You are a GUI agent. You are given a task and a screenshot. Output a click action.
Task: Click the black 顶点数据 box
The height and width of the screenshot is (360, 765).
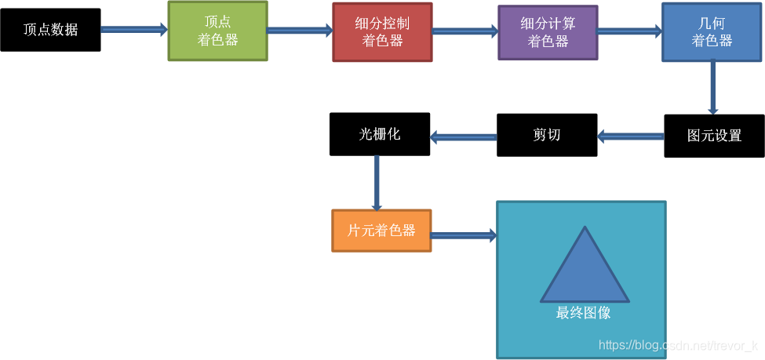click(x=50, y=30)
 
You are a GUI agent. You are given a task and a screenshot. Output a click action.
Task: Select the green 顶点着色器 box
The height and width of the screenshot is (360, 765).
click(x=217, y=31)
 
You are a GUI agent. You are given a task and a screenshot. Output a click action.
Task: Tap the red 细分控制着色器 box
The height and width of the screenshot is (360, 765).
click(x=382, y=32)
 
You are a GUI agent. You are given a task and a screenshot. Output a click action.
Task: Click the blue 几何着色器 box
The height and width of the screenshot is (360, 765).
click(x=712, y=32)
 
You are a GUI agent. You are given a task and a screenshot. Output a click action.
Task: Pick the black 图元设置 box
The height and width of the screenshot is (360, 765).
click(x=714, y=136)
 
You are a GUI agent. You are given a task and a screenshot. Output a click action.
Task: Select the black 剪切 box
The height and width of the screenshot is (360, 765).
click(x=547, y=135)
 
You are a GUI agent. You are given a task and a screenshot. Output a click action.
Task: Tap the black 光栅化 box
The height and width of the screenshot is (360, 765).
click(x=380, y=134)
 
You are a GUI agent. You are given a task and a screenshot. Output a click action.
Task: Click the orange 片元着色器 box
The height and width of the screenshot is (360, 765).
click(x=381, y=231)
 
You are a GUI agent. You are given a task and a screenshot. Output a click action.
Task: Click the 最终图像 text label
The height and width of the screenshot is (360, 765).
click(x=584, y=313)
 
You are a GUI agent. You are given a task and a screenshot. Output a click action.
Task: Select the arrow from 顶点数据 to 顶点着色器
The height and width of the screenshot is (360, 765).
click(x=134, y=30)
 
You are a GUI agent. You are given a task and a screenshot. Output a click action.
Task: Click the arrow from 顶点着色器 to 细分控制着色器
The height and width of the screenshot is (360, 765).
click(x=300, y=31)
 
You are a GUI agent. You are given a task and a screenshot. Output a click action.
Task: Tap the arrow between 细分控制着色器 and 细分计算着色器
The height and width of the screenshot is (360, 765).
click(x=464, y=32)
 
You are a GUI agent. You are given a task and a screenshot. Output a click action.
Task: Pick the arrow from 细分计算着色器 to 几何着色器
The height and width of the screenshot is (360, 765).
click(x=629, y=32)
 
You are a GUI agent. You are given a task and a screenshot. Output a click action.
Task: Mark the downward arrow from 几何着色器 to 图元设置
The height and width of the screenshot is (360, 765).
click(x=713, y=88)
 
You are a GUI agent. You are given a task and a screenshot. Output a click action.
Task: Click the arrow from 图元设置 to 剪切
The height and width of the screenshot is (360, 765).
click(x=631, y=136)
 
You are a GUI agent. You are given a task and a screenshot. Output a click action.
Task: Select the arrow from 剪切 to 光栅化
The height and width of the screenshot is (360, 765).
click(x=463, y=136)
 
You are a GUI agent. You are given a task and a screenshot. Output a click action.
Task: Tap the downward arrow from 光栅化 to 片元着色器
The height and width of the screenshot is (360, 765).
click(x=377, y=183)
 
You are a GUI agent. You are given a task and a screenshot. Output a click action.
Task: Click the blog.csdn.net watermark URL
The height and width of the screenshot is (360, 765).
click(x=678, y=345)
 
